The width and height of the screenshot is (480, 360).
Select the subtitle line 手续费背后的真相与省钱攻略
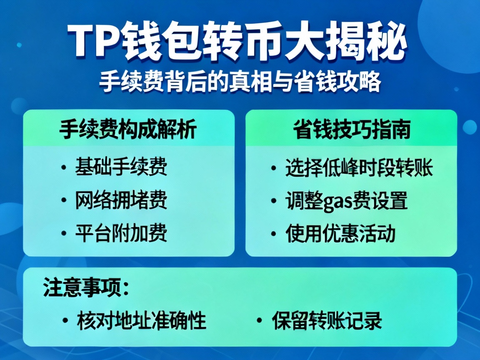tap(240, 82)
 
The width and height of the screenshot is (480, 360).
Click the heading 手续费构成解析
tap(128, 130)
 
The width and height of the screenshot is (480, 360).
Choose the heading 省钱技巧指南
tap(351, 130)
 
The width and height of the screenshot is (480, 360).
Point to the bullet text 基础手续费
tap(121, 168)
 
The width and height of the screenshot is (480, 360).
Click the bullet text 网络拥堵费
tap(121, 200)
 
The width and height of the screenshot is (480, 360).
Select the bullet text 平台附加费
tap(121, 233)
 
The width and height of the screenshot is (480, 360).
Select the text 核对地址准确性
tap(142, 321)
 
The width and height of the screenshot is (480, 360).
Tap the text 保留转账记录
tap(327, 321)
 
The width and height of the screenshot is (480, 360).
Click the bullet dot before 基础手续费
tap(63, 168)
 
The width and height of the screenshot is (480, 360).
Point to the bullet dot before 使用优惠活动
tap(273, 234)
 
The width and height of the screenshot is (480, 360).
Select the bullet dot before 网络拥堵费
tap(63, 201)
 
